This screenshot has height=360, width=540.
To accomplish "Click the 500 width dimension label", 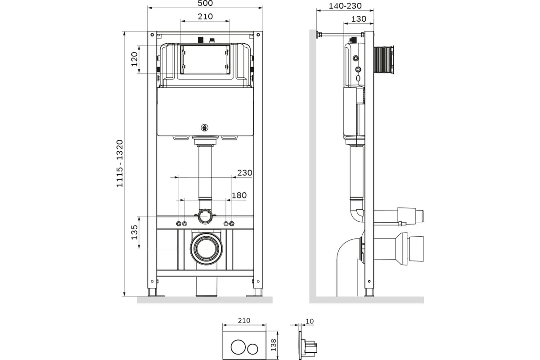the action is point(205,4).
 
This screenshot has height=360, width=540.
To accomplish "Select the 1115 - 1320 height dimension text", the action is point(120,163).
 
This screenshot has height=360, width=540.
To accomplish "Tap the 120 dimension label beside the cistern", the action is point(134,59).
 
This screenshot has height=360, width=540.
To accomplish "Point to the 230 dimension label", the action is point(245,173).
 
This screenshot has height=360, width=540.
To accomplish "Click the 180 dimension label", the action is point(239,195).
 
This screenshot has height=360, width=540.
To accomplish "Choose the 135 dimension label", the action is point(135,232).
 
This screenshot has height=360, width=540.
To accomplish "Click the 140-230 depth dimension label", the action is point(345,6).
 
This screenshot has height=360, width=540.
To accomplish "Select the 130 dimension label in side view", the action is point(359,19).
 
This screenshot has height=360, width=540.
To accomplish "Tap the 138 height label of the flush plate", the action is point(274,345).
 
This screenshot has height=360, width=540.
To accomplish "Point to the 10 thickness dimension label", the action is point(310,321).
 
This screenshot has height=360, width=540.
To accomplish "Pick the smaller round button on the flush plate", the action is point(252,349).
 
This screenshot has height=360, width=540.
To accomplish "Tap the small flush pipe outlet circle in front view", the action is point(205,216).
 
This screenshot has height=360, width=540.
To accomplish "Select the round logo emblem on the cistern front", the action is point(204,128).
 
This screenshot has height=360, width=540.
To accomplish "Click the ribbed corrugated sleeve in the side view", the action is point(384,59).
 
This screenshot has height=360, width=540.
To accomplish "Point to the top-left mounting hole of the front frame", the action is point(152,35).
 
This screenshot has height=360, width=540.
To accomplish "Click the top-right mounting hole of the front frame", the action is point(258,35).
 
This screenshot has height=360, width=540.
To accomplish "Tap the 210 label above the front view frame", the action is point(205,17).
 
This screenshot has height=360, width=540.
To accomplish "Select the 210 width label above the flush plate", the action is point(244,321).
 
